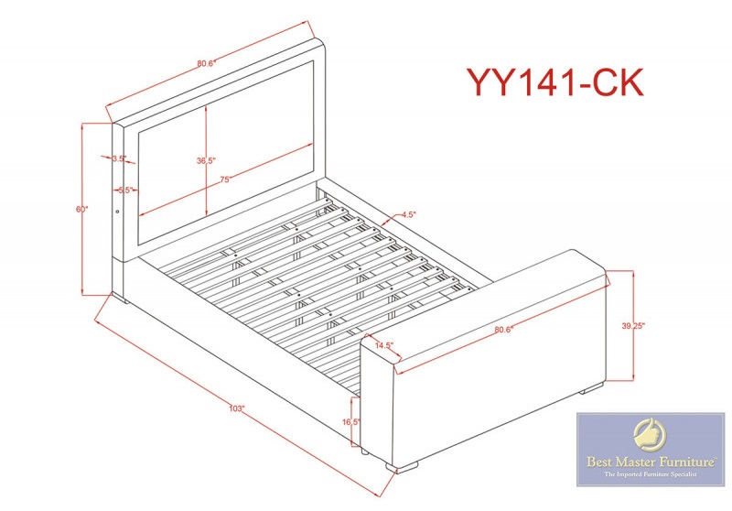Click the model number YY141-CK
[555, 82]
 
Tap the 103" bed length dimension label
[237, 408]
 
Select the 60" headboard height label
[82, 210]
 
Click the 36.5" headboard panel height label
[205, 160]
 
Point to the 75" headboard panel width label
[225, 179]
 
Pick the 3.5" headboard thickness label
[119, 158]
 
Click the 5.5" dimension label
[125, 190]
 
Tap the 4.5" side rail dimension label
[408, 215]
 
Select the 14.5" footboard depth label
[384, 345]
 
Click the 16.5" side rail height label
[351, 422]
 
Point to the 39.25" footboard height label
[633, 326]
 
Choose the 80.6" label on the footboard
[504, 330]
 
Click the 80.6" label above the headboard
[205, 63]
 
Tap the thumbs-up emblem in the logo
[650, 434]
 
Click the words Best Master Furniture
[651, 462]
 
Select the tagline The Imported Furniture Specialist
[651, 474]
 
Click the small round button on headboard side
[117, 212]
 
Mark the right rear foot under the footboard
[591, 387]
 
